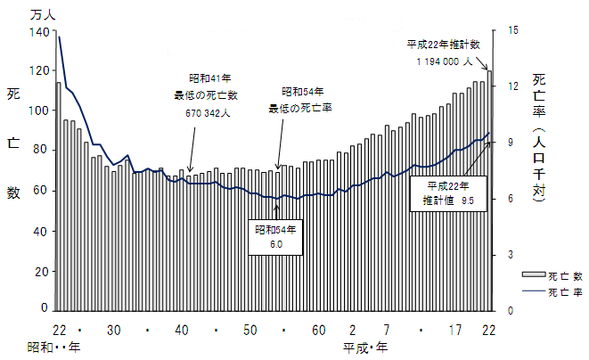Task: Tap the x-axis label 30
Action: tap(114, 330)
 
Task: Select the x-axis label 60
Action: tap(317, 330)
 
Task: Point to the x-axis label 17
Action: tap(454, 330)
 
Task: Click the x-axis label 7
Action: tap(387, 330)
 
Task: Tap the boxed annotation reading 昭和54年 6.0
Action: tap(274, 235)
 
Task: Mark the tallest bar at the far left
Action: tap(59, 196)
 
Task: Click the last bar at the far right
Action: tap(489, 190)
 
